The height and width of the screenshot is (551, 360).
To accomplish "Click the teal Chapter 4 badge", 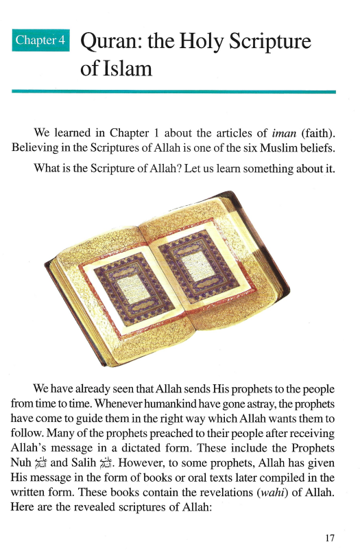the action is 41,40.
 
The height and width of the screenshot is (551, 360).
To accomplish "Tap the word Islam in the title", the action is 128,69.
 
